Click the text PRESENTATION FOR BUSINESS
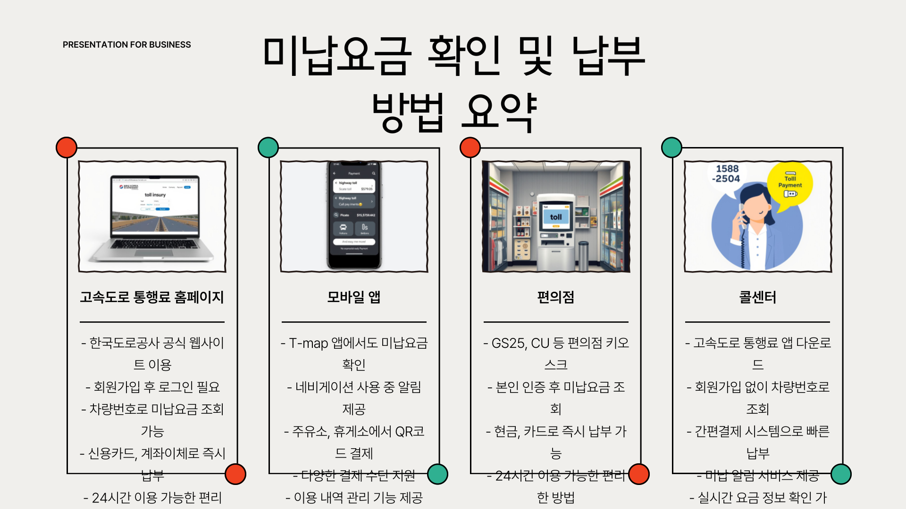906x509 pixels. pyautogui.click(x=126, y=45)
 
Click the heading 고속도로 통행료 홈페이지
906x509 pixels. pyautogui.click(x=152, y=297)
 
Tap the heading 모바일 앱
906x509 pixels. pyautogui.click(x=354, y=297)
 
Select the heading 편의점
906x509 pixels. pyautogui.click(x=556, y=297)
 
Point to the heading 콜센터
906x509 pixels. pyautogui.click(x=757, y=297)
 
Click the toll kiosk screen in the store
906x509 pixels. pyautogui.click(x=555, y=217)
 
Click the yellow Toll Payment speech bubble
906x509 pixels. pyautogui.click(x=789, y=186)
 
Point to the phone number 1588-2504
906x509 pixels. pyautogui.click(x=727, y=174)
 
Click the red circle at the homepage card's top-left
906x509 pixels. pyautogui.click(x=67, y=148)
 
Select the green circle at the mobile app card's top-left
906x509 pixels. pyautogui.click(x=268, y=148)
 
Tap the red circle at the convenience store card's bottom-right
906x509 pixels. pyautogui.click(x=639, y=474)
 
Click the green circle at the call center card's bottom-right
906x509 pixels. pyautogui.click(x=841, y=474)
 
